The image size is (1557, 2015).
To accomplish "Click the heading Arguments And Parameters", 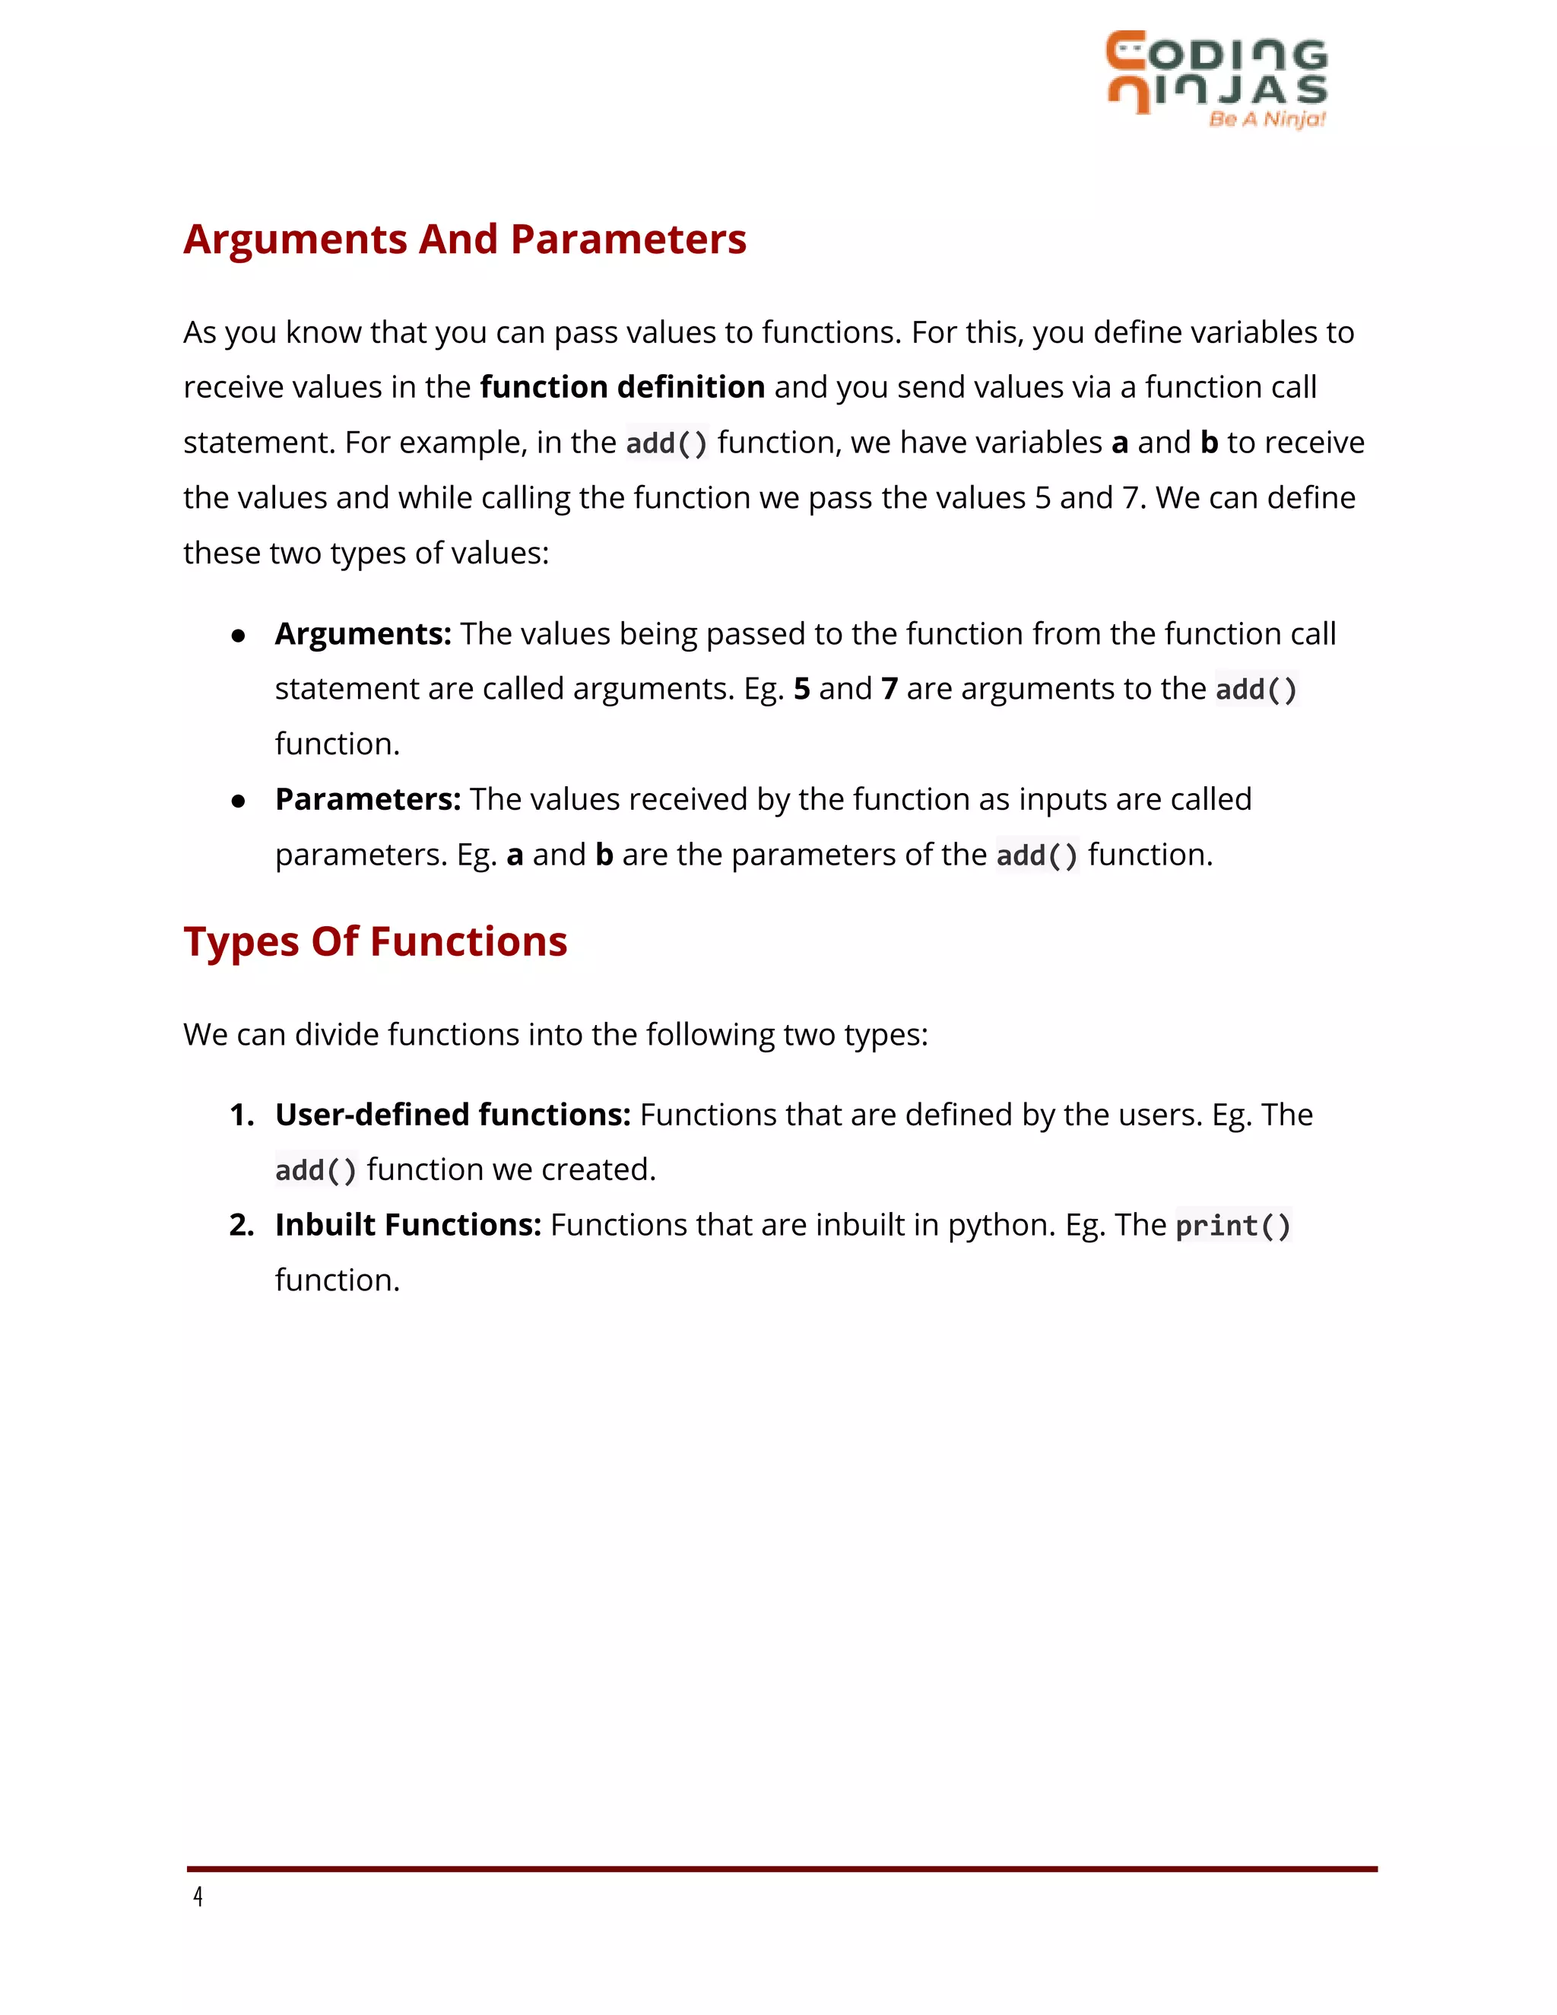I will coord(464,239).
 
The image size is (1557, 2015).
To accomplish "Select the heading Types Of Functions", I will coord(375,941).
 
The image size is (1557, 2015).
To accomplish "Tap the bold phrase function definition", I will coord(623,386).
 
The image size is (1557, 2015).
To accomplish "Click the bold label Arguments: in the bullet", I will coord(363,634).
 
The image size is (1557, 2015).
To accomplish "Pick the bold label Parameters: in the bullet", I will coord(367,799).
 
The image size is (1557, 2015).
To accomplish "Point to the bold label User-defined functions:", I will coord(452,1115).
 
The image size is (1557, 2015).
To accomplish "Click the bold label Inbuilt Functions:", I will coord(407,1224).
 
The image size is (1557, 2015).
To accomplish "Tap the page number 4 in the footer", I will coord(198,1897).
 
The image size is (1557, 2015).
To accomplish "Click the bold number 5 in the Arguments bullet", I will coord(801,689).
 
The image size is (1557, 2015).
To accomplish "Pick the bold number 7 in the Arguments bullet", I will coord(889,689).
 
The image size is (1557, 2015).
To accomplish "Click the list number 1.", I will coord(241,1115).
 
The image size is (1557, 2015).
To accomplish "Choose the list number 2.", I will coord(241,1225).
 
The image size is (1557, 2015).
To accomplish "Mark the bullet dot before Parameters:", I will coord(239,801).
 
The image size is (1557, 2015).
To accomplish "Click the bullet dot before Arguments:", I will coord(239,636).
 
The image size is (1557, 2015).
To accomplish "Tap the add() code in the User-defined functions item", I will coord(316,1170).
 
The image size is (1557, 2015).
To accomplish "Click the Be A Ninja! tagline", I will coord(1267,119).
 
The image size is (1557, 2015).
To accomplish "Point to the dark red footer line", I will coord(782,1868).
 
